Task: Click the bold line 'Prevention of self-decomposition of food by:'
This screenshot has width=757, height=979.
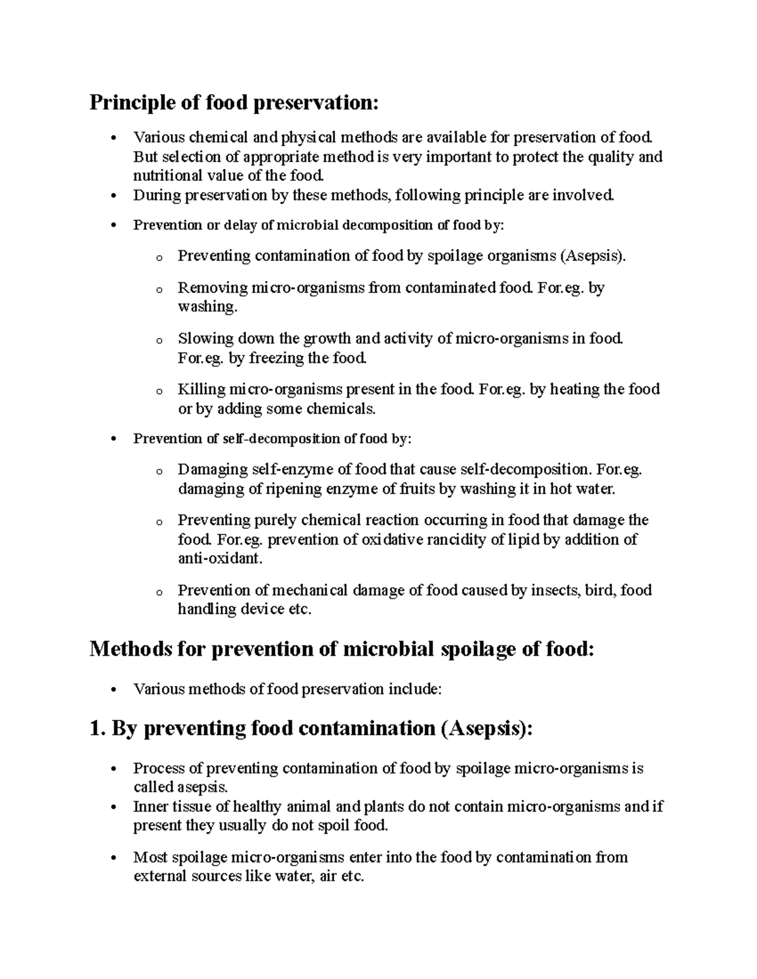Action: tap(272, 439)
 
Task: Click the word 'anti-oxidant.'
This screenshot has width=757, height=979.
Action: tap(219, 559)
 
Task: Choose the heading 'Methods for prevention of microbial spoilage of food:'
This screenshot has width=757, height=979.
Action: tap(342, 649)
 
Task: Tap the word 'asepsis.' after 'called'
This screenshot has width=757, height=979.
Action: tap(201, 787)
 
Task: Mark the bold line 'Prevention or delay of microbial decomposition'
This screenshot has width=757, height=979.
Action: tap(319, 226)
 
